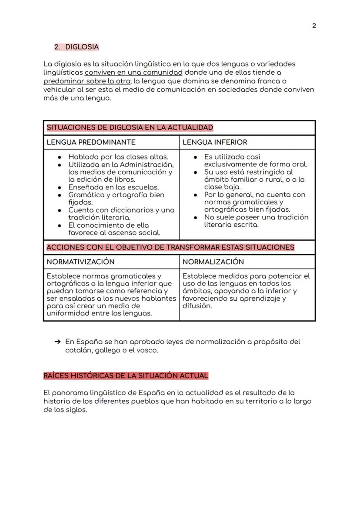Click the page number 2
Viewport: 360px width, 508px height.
[314, 26]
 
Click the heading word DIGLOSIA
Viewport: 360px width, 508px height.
[82, 47]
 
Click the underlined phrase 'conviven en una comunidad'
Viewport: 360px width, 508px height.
[133, 73]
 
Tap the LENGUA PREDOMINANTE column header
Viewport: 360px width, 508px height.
[91, 142]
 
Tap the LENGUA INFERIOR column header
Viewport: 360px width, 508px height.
[214, 142]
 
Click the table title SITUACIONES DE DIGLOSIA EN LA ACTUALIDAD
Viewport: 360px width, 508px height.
[130, 128]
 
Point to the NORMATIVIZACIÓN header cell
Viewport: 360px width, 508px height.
[80, 262]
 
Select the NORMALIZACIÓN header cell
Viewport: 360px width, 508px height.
[213, 262]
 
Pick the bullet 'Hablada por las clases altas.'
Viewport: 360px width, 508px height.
[118, 157]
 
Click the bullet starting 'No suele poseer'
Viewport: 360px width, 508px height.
[256, 217]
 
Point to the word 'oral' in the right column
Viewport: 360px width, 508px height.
[300, 164]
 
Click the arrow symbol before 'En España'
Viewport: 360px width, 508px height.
[57, 342]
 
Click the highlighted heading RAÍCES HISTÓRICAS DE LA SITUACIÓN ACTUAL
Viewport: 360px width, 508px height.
[126, 375]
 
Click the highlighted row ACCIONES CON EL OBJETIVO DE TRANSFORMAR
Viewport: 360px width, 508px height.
[170, 247]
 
